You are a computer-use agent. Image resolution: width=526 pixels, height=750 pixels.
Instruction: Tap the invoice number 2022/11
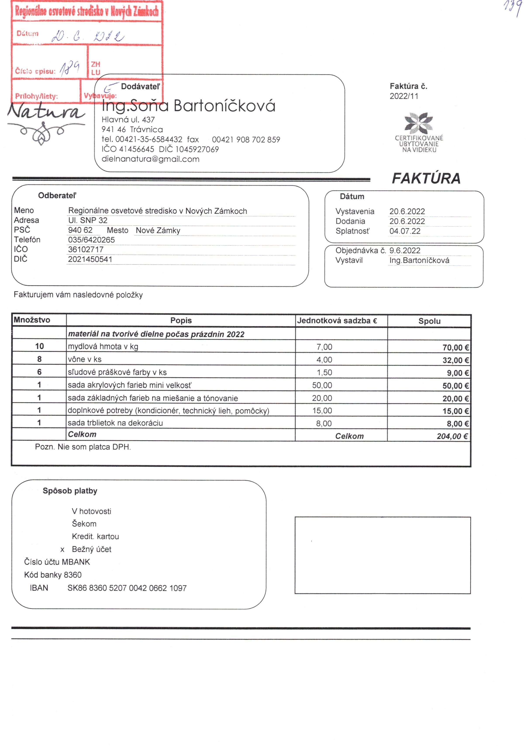[x=404, y=96]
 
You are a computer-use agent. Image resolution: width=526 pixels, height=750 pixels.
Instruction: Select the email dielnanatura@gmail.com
[x=150, y=159]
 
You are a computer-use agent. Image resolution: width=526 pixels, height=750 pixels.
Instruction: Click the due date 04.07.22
[x=405, y=231]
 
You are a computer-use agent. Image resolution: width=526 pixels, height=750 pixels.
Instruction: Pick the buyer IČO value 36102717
[x=86, y=249]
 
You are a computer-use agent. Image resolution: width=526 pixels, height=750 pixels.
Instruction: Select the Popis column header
[x=181, y=321]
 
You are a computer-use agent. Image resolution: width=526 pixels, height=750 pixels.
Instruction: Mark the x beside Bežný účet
[x=62, y=550]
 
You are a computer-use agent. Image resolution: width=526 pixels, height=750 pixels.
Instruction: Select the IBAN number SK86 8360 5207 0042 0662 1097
[x=127, y=588]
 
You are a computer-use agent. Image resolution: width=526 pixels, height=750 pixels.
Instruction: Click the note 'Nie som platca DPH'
[x=94, y=447]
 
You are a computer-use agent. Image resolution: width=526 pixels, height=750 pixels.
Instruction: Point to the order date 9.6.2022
[x=405, y=251]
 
